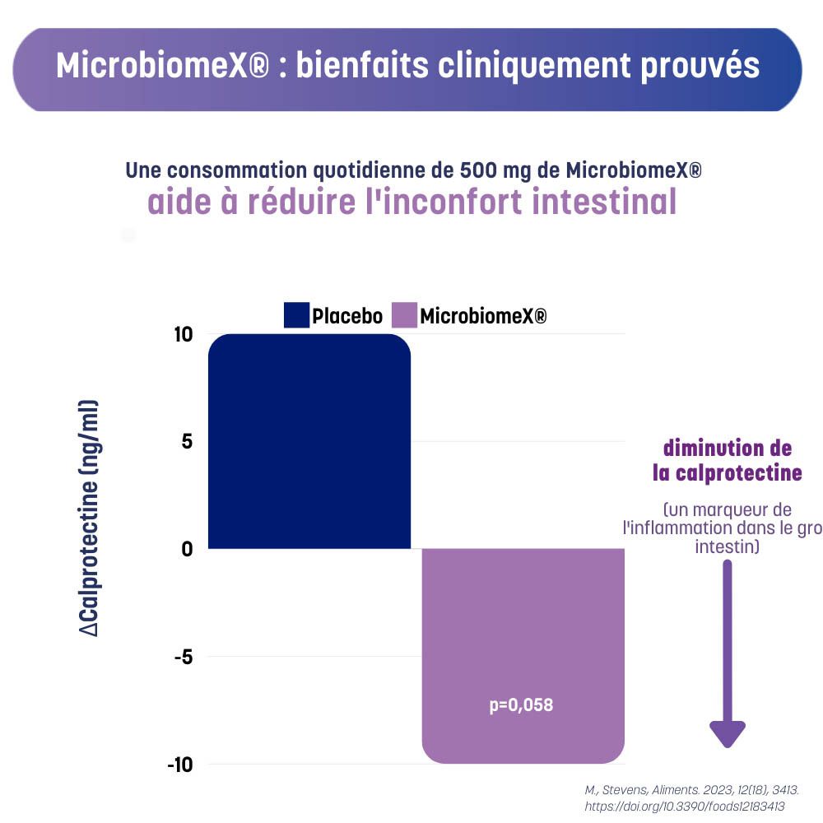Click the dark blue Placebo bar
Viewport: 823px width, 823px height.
(x=309, y=440)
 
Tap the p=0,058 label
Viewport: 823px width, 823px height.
(x=521, y=705)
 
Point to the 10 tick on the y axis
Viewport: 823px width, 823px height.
(x=183, y=334)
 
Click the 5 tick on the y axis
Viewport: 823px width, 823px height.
(x=187, y=441)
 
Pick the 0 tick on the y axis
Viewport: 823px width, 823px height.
(x=187, y=549)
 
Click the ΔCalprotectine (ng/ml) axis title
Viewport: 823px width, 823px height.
(x=89, y=518)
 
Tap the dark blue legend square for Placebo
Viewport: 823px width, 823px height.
(x=296, y=315)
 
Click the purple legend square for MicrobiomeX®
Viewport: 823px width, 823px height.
(x=404, y=315)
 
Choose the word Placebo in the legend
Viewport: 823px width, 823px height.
(x=347, y=316)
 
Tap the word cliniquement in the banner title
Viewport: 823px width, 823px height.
(x=514, y=66)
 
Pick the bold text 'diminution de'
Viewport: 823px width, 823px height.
(x=728, y=449)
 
